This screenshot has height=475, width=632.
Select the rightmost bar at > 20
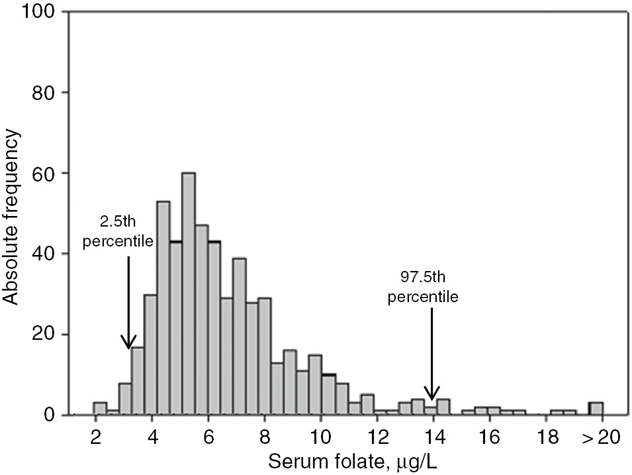tap(596, 409)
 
